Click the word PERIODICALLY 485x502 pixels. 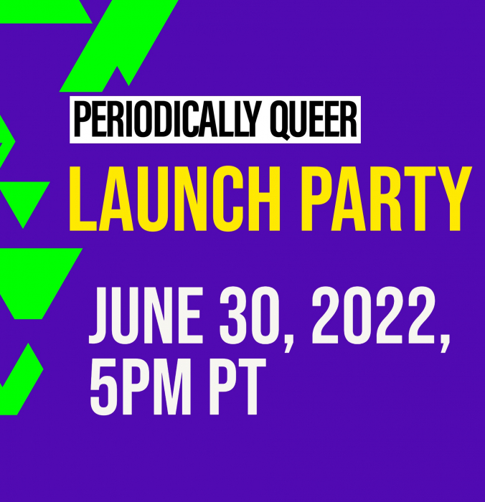coord(166,119)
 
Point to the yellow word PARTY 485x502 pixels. coord(386,199)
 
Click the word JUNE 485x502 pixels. coord(146,316)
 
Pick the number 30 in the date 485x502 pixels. coord(249,316)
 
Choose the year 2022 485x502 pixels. coord(372,316)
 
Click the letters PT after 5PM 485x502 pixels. coord(233,387)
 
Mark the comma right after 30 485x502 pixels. coord(288,342)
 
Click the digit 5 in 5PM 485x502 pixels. coord(103,387)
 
